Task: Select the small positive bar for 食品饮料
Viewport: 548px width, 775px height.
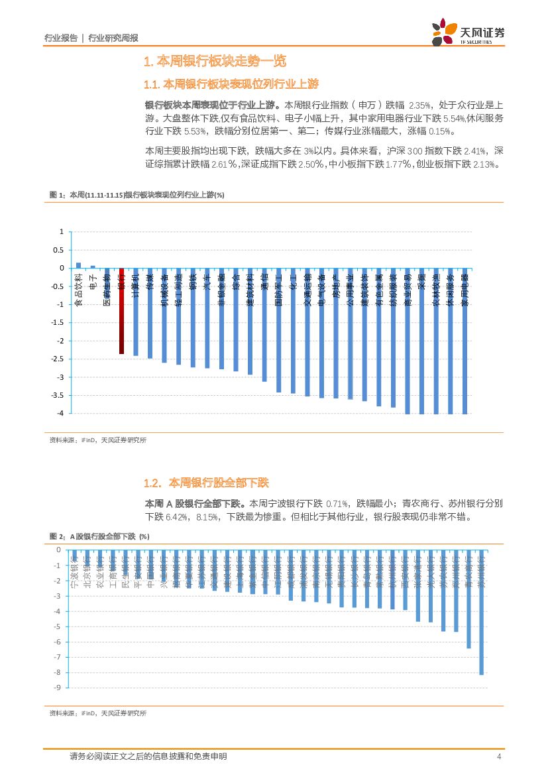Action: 78,265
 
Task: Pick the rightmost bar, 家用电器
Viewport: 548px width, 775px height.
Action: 465,341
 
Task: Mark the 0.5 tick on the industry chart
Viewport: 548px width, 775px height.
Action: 59,250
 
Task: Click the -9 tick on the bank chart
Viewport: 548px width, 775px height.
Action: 58,687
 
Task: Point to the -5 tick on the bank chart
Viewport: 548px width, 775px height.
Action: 58,626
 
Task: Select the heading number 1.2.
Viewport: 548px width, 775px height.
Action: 152,483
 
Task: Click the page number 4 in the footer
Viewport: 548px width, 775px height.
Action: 498,756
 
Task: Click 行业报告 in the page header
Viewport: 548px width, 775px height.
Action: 60,38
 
